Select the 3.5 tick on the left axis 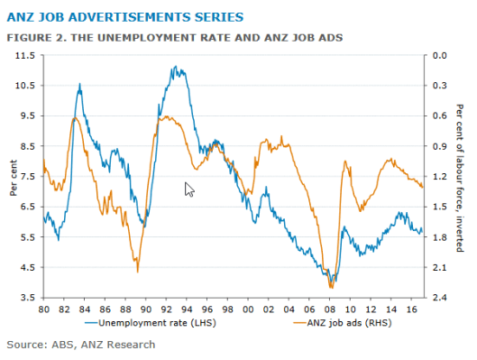pyautogui.click(x=27, y=298)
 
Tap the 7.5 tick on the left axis pyautogui.click(x=27, y=176)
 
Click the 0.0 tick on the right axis pyautogui.click(x=441, y=55)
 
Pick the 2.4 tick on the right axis pyautogui.click(x=441, y=298)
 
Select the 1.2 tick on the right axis pyautogui.click(x=441, y=176)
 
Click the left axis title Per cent pyautogui.click(x=13, y=177)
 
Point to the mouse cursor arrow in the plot pyautogui.click(x=188, y=187)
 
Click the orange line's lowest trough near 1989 pyautogui.click(x=137, y=271)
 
